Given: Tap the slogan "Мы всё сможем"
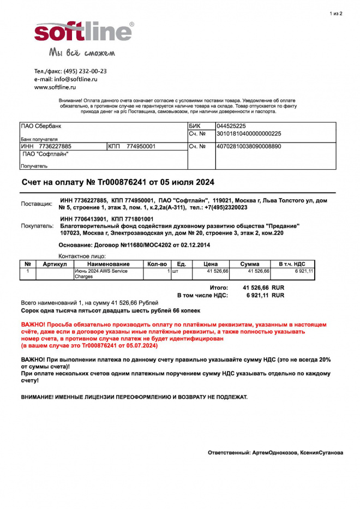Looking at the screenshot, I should (x=82, y=53).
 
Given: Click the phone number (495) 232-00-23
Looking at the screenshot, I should (x=85, y=71).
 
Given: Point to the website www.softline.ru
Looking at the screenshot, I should (x=55, y=87).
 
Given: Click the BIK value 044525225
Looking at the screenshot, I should (x=235, y=126).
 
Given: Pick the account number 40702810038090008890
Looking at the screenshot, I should (x=249, y=146).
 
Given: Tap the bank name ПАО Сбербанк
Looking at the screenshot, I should (x=41, y=126).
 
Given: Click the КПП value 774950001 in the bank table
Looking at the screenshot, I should (x=141, y=146).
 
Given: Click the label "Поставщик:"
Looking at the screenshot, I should (x=37, y=203).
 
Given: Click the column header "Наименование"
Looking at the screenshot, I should (x=107, y=264).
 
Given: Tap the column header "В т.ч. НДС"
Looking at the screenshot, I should (x=292, y=264).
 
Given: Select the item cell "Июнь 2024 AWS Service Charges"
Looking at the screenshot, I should (x=98, y=274).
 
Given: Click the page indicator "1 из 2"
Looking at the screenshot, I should (x=336, y=13).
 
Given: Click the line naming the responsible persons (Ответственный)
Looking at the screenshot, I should (x=275, y=453).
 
